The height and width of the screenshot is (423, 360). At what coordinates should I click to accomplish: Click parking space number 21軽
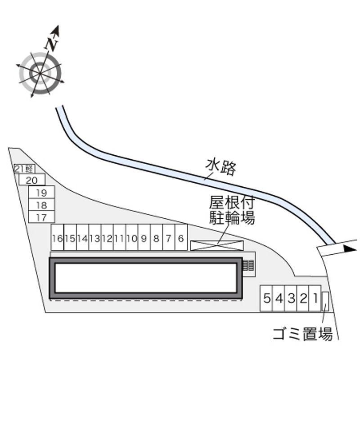coord(25,169)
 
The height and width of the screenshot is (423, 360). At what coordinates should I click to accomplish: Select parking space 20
coord(32,180)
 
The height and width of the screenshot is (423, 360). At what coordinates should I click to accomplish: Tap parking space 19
coord(42,192)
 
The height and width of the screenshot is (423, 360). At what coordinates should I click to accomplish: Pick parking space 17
coord(42,217)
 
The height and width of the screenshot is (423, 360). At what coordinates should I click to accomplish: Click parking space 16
coord(58,238)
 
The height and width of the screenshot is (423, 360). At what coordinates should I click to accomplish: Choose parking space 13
coord(94,238)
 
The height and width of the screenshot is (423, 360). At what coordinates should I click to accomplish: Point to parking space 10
coord(132,238)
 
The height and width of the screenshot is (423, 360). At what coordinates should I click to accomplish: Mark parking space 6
coord(181,238)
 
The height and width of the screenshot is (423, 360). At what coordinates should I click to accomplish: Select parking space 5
coord(266,298)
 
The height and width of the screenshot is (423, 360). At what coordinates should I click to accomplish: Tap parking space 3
coord(291,298)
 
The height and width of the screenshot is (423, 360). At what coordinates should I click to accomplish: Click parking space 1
coord(315,298)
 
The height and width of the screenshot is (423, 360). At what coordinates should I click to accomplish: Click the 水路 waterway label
coord(221,167)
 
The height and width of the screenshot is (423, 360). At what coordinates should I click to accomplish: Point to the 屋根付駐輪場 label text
coord(232,210)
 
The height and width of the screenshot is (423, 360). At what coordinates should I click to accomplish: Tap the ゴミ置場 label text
coord(302,334)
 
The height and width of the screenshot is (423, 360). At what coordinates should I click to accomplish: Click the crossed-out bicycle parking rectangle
coord(217,246)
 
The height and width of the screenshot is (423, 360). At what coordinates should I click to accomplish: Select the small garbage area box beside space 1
coord(325,301)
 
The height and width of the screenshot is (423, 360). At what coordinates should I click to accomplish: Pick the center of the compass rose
coord(40,73)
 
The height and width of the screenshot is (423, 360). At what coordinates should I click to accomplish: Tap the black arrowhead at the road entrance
coord(351,249)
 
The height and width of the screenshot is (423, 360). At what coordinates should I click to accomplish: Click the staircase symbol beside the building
coord(248,265)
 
